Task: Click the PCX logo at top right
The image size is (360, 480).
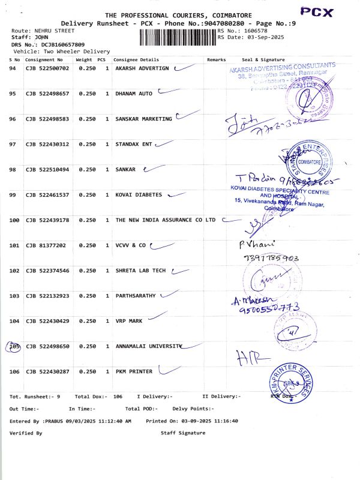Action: [x=332, y=12]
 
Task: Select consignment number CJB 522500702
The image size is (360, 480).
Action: [x=47, y=69]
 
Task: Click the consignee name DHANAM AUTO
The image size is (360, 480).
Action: [x=134, y=94]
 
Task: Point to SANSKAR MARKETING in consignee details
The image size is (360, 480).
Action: [x=143, y=119]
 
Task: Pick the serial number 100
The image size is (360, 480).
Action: [x=14, y=220]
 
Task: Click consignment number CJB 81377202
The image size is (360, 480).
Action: [x=45, y=245]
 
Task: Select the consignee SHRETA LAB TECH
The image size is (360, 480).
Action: [x=140, y=271]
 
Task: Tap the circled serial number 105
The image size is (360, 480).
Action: [x=14, y=347]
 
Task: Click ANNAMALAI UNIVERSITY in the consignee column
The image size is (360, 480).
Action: [x=147, y=347]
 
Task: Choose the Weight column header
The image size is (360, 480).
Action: [x=83, y=60]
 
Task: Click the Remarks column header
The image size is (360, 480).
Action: [x=216, y=60]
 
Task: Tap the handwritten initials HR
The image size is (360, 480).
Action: [x=246, y=358]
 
